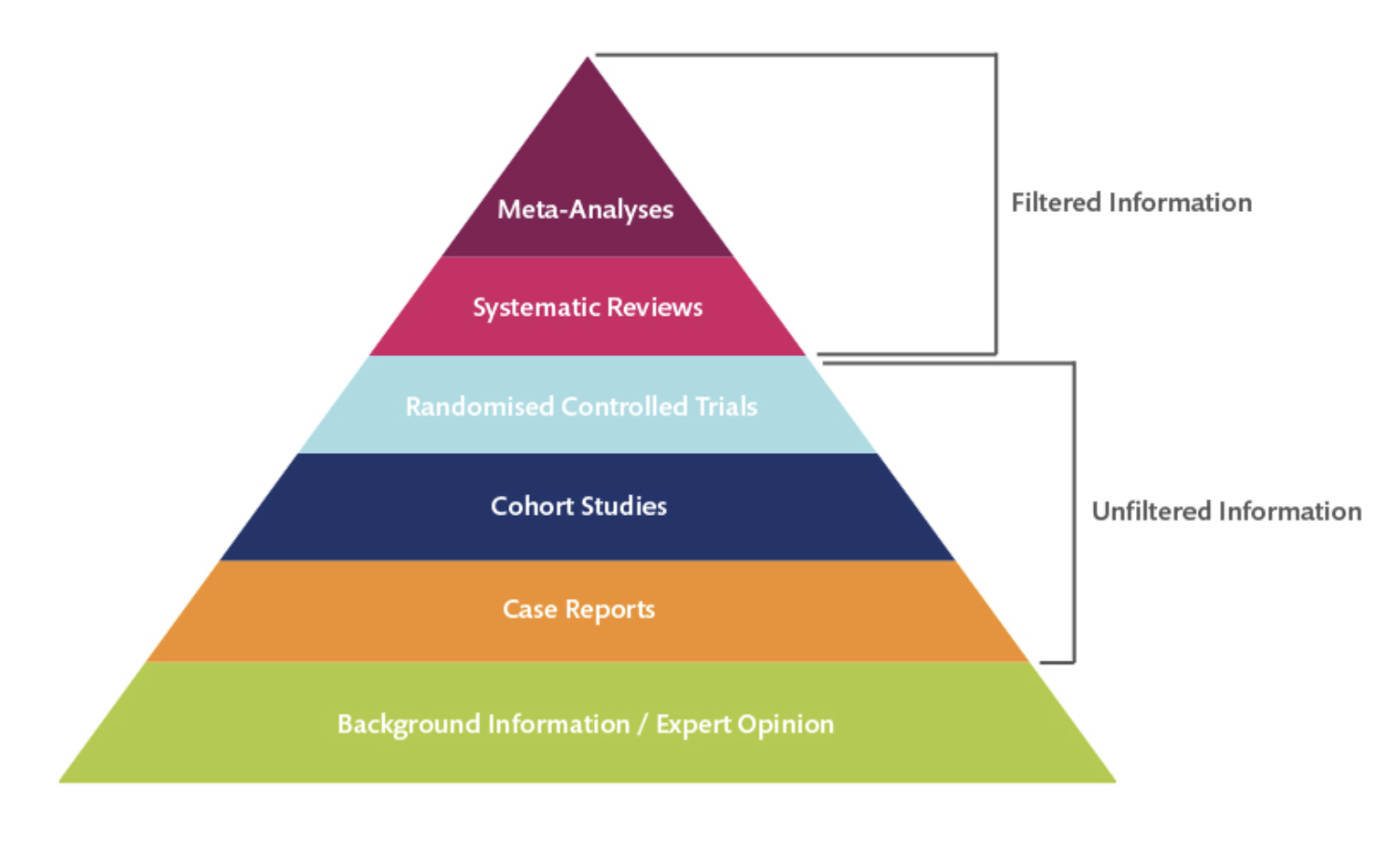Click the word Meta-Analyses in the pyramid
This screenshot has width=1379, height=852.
[585, 209]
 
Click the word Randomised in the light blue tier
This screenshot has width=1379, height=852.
[479, 406]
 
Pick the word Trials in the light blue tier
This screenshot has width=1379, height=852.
[726, 406]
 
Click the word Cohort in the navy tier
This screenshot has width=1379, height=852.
[533, 506]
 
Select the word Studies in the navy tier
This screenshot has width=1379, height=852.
[624, 506]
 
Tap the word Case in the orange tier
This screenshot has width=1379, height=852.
[530, 609]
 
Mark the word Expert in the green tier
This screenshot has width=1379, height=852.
[692, 725]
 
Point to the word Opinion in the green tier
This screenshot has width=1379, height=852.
[786, 725]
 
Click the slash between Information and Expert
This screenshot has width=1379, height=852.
[643, 725]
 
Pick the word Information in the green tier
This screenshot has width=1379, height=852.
[559, 725]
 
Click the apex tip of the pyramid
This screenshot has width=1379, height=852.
[587, 59]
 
